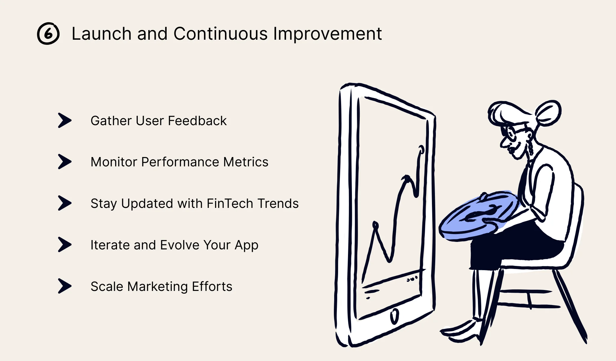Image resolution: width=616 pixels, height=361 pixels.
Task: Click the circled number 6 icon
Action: click(x=48, y=33)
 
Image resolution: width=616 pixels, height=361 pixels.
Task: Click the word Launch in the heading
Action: click(x=101, y=33)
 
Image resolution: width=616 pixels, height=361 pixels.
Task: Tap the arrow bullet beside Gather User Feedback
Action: click(x=64, y=121)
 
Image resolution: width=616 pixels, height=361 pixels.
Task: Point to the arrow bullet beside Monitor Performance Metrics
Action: click(x=64, y=162)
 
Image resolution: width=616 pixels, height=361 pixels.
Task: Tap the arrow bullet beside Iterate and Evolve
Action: click(x=64, y=245)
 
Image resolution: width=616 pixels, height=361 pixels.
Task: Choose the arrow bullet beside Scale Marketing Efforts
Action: click(x=64, y=286)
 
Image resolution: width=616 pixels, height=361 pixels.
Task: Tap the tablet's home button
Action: click(x=394, y=316)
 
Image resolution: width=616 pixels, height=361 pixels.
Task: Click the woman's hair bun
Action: click(x=548, y=113)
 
